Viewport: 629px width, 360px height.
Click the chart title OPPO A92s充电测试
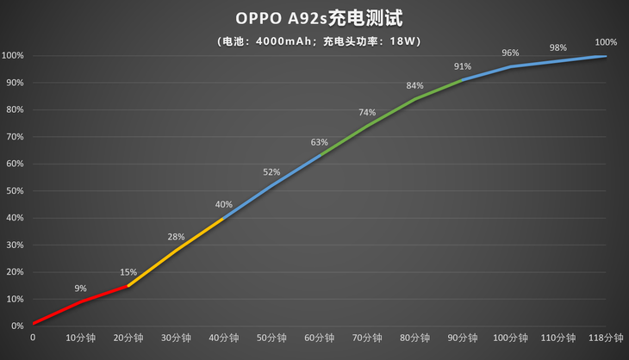pos(314,18)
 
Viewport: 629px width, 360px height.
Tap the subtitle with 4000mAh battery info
pos(314,40)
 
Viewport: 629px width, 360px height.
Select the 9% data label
pos(80,289)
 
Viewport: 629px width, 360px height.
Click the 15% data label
pos(128,273)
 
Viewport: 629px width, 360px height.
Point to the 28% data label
pos(177,237)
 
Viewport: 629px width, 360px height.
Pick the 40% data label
pos(224,205)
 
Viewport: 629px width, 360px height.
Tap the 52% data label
pos(272,172)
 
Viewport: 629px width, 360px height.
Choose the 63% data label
pos(320,142)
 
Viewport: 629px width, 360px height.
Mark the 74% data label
pos(367,113)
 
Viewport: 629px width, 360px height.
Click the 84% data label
pos(415,86)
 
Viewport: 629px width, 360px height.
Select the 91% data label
pos(463,67)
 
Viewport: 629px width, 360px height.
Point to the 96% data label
pos(511,53)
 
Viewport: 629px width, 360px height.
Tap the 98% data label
pos(558,48)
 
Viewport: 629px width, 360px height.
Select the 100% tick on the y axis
pos(12,56)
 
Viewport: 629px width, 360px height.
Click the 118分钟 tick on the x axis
pos(606,338)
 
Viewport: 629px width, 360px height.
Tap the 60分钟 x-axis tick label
pos(320,338)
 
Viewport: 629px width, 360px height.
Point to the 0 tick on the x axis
pos(33,338)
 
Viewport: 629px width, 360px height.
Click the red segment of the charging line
pos(80,301)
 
